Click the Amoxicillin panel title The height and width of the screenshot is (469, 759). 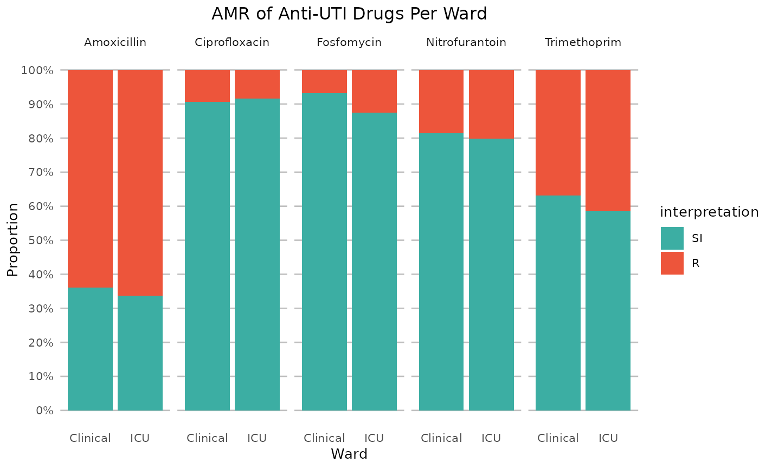(115, 42)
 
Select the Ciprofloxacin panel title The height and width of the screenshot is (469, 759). (232, 42)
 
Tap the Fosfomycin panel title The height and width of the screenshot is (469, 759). (349, 42)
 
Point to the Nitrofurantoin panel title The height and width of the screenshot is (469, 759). (466, 42)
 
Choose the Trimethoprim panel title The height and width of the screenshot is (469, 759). (583, 42)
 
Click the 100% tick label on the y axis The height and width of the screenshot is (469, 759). (37, 70)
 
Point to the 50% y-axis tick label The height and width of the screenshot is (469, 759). (40, 240)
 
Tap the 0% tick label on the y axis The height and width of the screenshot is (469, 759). (44, 411)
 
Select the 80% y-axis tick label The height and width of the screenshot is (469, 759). (40, 139)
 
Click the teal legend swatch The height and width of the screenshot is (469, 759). (672, 238)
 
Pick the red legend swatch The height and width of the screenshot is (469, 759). (672, 263)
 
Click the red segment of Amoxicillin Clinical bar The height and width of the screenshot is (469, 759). (90, 179)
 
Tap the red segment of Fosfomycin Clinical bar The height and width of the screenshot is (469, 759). (324, 81)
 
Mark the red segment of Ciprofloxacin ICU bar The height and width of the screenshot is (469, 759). (257, 84)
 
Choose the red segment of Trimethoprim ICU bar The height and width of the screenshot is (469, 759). (608, 140)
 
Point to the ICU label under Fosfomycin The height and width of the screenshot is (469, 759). (374, 438)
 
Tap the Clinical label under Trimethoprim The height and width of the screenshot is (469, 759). (558, 438)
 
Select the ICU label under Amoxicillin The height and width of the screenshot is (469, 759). (140, 438)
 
